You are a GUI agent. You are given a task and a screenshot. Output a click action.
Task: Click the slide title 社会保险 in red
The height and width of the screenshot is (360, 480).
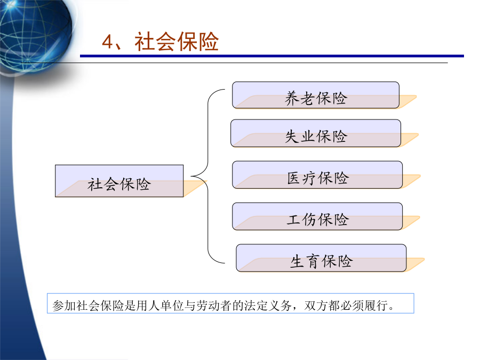pos(177,42)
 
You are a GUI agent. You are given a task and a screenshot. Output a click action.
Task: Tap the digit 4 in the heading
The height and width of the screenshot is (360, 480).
pos(108,42)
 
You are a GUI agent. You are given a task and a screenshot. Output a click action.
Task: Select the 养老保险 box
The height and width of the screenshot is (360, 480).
pos(316,95)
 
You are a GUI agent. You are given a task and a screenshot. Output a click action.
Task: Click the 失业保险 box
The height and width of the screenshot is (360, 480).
pos(316,133)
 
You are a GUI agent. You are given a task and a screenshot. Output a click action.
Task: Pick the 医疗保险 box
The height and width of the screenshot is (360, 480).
pos(317,175)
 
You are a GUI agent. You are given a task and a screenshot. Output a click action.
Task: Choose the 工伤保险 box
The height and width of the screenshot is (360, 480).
pos(317,217)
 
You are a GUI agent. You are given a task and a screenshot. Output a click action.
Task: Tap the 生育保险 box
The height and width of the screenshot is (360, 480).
pos(321,258)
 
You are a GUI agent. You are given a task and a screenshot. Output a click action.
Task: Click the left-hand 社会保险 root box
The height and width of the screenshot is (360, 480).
pos(119,181)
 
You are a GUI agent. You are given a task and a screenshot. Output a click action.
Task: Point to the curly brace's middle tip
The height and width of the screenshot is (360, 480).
pos(191,176)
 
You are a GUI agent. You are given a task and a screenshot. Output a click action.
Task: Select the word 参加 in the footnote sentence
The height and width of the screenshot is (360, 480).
pos(64,306)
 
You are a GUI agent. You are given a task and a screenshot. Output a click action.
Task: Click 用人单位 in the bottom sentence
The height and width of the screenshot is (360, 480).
pos(160,306)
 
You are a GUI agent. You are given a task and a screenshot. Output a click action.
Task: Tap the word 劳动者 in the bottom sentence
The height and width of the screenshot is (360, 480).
pos(214,306)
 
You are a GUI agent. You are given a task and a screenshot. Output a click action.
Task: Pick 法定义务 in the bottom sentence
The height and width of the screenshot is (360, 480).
pos(268,306)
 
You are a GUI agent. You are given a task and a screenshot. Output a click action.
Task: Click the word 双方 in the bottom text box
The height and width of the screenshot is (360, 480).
pos(316,306)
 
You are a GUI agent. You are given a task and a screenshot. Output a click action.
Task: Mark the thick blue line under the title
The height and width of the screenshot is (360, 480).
pos(272,56)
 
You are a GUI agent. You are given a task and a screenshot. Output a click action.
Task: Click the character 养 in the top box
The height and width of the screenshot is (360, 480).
pos(292,98)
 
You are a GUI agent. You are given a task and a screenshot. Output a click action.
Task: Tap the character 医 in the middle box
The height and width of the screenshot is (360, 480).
pos(294,178)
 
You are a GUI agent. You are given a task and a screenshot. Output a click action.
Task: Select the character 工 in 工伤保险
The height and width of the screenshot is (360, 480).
pos(294,220)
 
